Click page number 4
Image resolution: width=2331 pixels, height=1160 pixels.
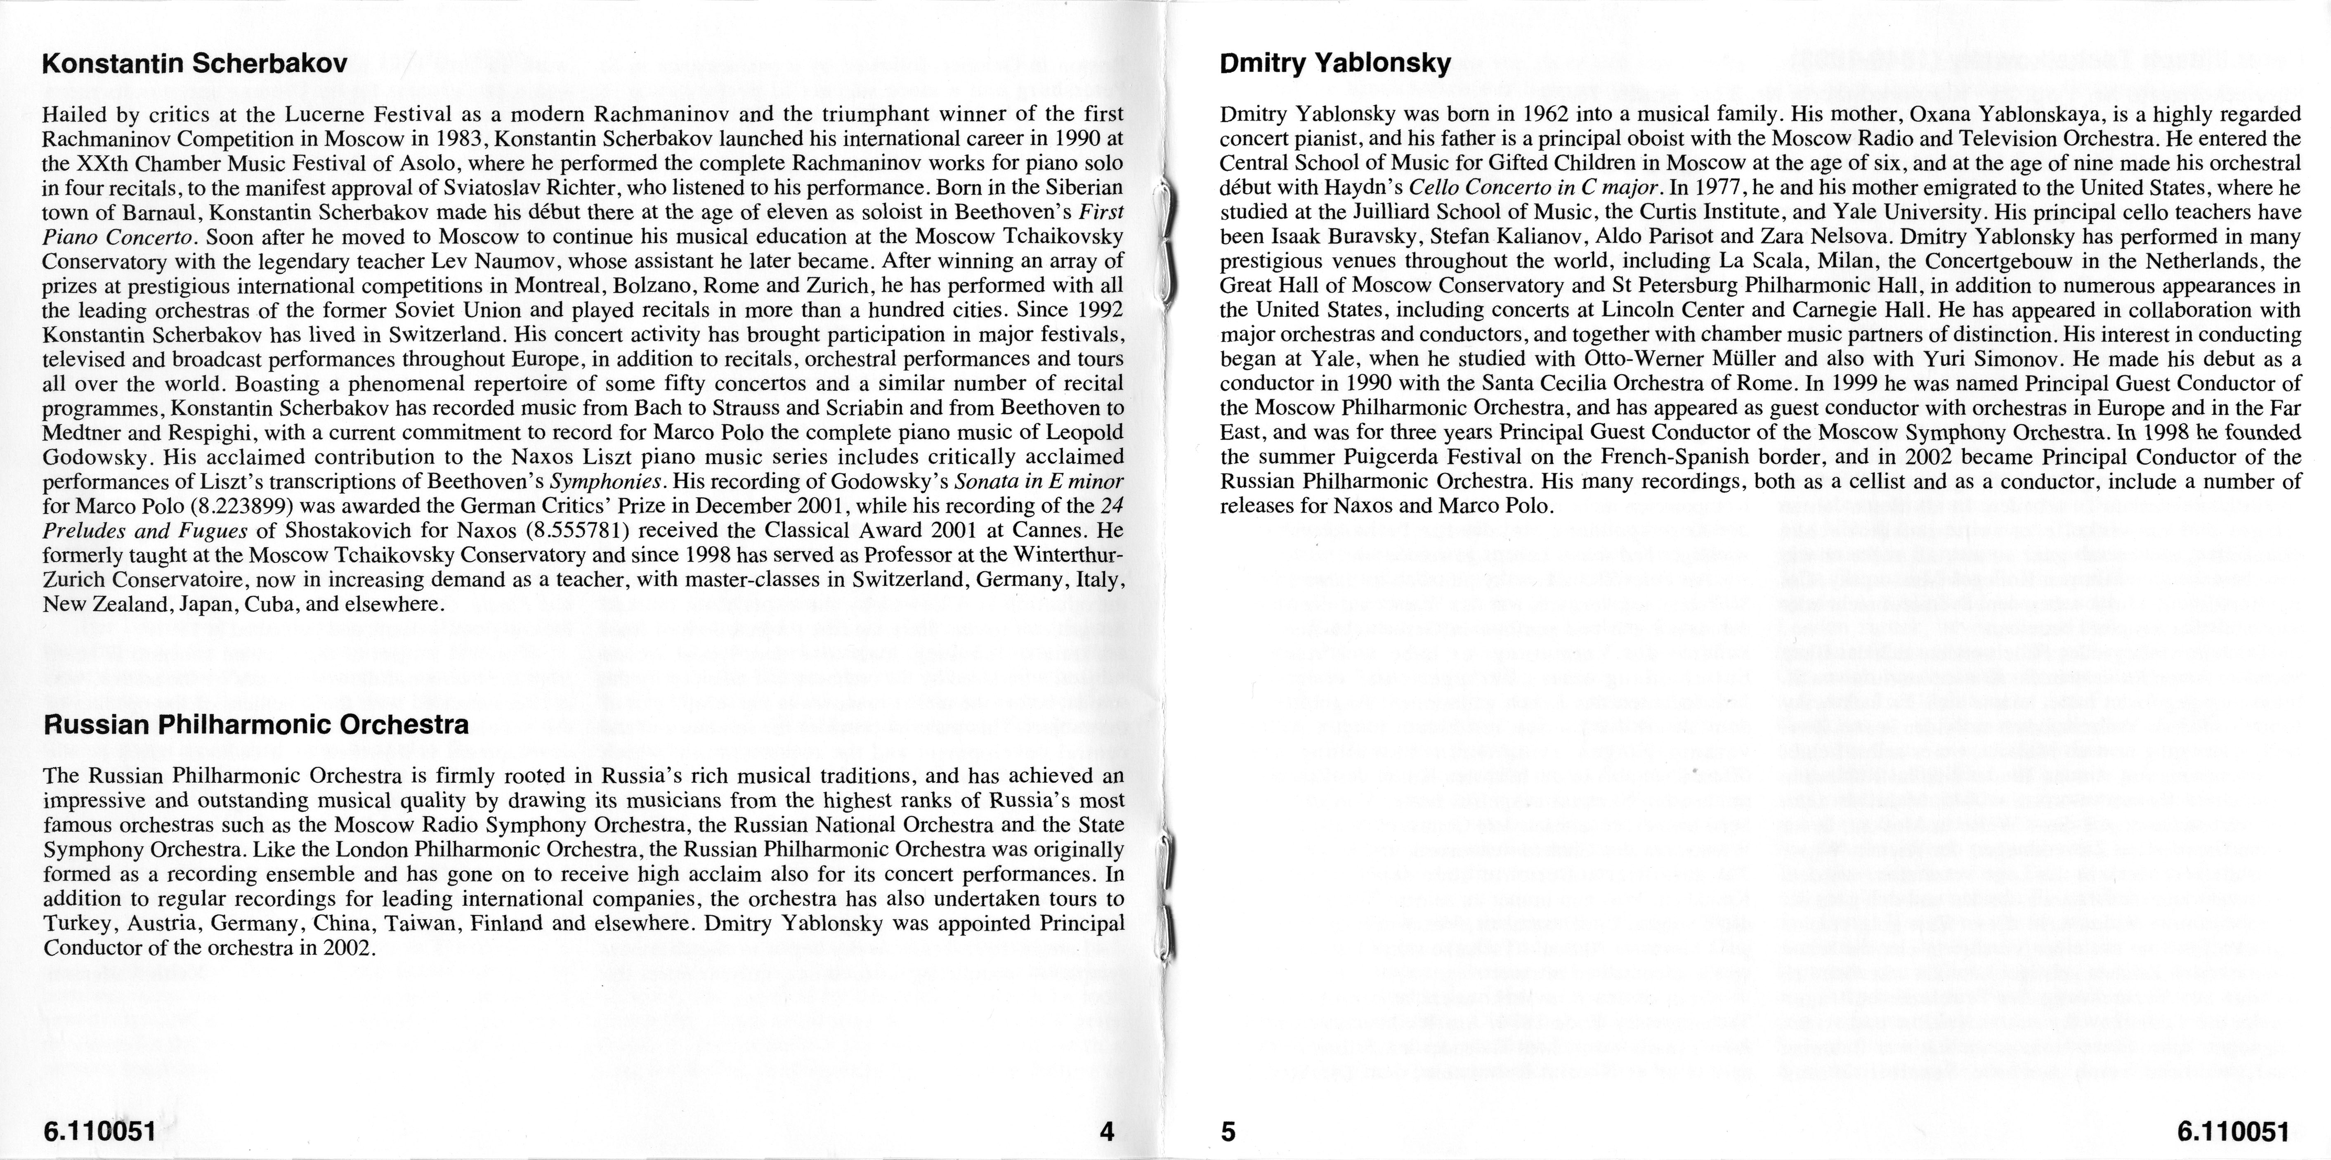[1106, 1131]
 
